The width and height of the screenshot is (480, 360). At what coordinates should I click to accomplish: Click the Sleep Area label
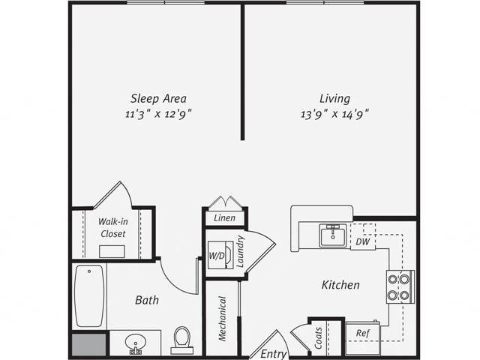click(158, 99)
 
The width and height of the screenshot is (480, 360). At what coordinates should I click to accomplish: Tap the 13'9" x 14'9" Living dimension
click(334, 114)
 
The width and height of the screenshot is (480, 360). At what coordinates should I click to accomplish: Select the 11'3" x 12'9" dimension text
click(158, 114)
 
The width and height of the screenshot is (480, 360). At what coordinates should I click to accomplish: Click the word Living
click(335, 99)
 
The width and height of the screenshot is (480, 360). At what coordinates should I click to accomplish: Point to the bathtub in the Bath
click(89, 296)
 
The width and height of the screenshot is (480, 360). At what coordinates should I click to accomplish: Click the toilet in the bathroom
click(182, 340)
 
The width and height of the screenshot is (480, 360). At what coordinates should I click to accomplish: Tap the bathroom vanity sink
click(135, 343)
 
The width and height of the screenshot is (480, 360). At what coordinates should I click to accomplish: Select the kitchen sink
click(333, 235)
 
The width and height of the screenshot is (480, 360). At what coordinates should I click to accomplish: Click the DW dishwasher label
click(363, 241)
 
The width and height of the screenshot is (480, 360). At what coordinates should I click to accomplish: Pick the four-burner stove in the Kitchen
click(400, 287)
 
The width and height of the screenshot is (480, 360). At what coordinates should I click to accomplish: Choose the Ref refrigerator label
click(363, 333)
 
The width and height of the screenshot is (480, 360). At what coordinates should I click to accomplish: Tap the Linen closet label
click(225, 218)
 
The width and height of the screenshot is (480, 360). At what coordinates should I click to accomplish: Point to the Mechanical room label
click(223, 319)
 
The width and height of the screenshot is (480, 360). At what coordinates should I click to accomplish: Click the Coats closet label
click(318, 338)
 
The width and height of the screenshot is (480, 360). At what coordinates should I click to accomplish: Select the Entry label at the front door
click(274, 354)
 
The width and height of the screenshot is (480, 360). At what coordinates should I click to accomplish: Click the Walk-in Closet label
click(113, 227)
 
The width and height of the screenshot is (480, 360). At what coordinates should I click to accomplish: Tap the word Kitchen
click(340, 285)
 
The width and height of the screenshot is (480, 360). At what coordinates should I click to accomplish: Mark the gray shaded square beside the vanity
click(89, 344)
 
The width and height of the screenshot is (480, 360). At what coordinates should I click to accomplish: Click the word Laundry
click(240, 251)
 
